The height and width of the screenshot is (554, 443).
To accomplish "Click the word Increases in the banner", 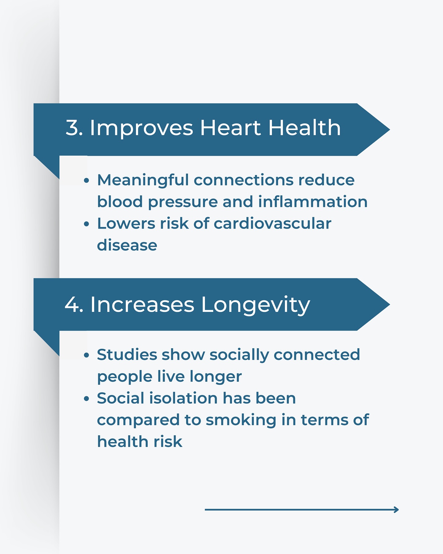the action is [142, 305].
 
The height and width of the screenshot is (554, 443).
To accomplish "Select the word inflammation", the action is [313, 202].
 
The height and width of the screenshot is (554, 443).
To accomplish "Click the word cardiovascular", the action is [273, 224].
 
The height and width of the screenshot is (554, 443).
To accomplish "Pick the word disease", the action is [127, 245].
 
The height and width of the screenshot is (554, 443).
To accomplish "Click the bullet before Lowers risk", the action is [86, 224].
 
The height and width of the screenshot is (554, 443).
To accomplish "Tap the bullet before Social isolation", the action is [86, 399].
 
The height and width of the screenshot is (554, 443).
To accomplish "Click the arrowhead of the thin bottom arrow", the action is [397, 509].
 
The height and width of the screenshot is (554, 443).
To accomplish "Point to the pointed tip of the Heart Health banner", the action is [390, 130].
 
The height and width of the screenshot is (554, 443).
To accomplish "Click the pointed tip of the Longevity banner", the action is [390, 305].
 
